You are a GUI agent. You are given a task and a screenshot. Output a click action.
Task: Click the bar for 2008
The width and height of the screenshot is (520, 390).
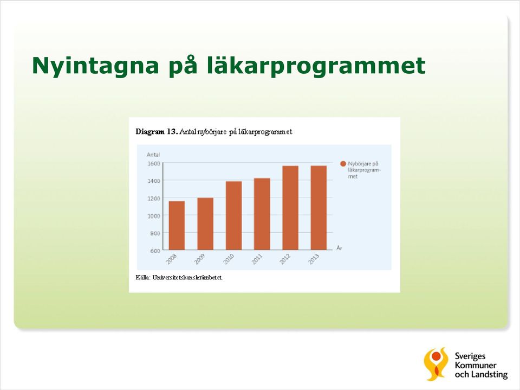pyautogui.click(x=177, y=225)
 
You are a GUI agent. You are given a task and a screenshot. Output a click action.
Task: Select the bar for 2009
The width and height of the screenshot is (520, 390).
pyautogui.click(x=205, y=223)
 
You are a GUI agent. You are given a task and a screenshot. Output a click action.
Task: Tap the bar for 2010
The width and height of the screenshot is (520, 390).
pyautogui.click(x=234, y=215)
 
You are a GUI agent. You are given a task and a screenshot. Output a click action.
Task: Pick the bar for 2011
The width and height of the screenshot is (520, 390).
pyautogui.click(x=262, y=214)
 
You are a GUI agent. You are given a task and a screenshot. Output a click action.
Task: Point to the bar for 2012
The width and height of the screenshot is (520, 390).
pyautogui.click(x=290, y=208)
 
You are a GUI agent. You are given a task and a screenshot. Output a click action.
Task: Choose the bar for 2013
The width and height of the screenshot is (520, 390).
pyautogui.click(x=318, y=208)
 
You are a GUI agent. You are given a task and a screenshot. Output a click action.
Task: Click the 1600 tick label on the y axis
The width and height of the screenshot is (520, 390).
pyautogui.click(x=153, y=163)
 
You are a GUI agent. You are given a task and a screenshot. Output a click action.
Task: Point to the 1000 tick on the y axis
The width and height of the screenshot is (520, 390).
pyautogui.click(x=153, y=216)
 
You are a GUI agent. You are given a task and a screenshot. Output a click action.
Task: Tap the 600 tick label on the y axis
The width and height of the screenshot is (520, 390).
pyautogui.click(x=155, y=251)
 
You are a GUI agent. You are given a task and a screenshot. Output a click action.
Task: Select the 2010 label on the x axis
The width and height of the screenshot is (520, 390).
pyautogui.click(x=229, y=259)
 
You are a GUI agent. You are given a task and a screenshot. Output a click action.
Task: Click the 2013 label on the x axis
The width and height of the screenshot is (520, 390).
pyautogui.click(x=314, y=259)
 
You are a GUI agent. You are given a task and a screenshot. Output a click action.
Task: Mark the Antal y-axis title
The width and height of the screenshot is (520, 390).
pyautogui.click(x=153, y=155)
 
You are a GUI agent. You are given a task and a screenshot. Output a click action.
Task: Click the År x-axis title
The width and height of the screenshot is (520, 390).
pyautogui.click(x=339, y=248)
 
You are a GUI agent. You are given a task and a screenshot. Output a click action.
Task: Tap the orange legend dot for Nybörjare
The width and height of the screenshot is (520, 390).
pyautogui.click(x=343, y=164)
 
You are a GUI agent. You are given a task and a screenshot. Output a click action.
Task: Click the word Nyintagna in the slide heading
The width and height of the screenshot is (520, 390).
pyautogui.click(x=95, y=66)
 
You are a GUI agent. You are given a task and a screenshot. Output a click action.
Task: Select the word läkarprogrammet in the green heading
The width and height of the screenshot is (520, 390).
pyautogui.click(x=316, y=66)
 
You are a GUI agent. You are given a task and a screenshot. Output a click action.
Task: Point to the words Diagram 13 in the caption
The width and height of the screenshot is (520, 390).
pyautogui.click(x=157, y=132)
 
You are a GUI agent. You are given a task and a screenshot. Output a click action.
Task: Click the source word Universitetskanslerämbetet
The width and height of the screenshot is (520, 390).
pyautogui.click(x=188, y=277)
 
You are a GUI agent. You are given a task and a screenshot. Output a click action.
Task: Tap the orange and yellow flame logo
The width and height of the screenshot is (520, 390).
pyautogui.click(x=436, y=364)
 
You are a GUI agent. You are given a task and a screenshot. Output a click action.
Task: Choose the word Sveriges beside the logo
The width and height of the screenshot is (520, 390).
pyautogui.click(x=470, y=357)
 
